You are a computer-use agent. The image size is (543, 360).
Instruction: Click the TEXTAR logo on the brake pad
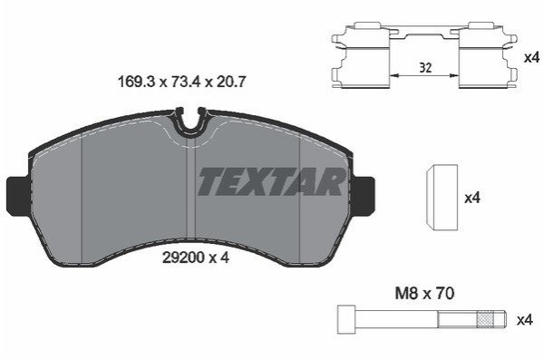(271, 181)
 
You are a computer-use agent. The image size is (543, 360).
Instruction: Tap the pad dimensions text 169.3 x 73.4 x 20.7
(182, 83)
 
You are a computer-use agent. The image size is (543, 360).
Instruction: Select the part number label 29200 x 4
(196, 258)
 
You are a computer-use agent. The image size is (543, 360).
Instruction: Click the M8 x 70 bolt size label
(424, 294)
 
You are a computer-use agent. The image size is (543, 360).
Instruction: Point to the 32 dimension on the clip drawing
(425, 68)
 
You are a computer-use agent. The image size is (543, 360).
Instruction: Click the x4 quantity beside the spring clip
(531, 57)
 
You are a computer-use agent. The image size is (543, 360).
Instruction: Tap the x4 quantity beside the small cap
(472, 199)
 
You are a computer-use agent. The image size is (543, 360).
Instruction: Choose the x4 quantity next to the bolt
(524, 320)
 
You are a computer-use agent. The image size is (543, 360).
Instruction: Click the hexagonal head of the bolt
(346, 319)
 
